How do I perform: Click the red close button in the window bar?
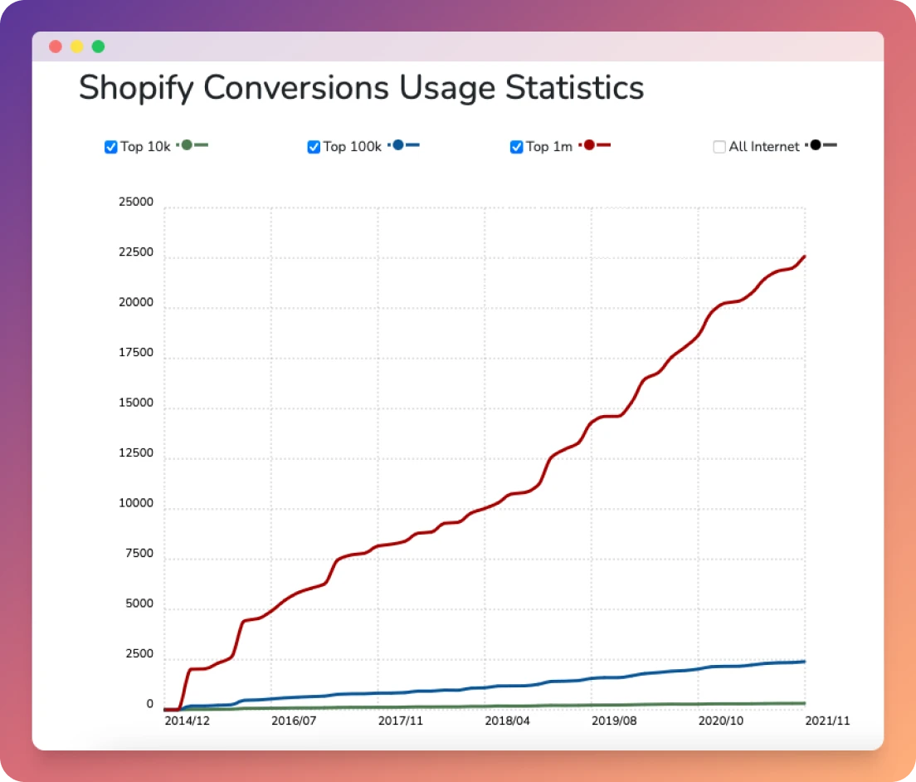(56, 46)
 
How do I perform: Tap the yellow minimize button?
(77, 46)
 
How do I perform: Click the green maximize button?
(98, 46)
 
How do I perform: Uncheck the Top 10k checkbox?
(110, 147)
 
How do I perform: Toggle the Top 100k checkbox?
(314, 147)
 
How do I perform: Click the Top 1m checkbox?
(516, 147)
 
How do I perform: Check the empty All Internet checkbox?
(719, 147)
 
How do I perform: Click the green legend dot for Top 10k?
(187, 145)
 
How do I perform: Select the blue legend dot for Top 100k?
(398, 145)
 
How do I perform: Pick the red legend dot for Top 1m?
(589, 145)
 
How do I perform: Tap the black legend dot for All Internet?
(816, 145)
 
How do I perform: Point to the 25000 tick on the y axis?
(136, 202)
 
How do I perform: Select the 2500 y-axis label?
(139, 654)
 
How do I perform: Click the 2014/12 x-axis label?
(188, 721)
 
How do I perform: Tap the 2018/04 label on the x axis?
(508, 721)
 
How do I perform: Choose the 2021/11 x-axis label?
(827, 721)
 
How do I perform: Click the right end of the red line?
(805, 257)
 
